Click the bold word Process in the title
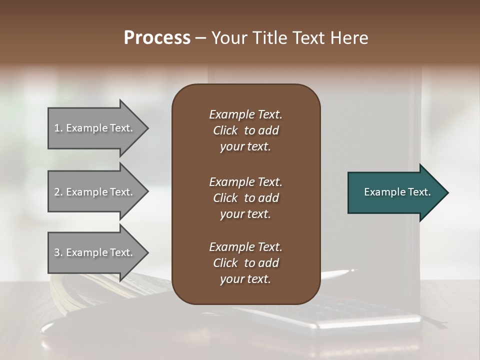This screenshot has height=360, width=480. tap(157, 38)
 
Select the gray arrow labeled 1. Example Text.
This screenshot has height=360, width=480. tap(95, 128)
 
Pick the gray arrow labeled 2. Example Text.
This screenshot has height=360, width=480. tap(95, 192)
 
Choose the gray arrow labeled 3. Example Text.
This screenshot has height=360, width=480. tap(95, 252)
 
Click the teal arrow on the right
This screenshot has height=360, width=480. tap(395, 192)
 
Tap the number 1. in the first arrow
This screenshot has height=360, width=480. tap(58, 128)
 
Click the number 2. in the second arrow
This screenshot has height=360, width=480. tap(58, 192)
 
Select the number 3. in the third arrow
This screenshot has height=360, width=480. tap(58, 252)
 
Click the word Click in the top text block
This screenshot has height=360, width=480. tap(225, 130)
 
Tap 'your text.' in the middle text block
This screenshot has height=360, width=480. tap(245, 214)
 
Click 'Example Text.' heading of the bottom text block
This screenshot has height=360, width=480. tap(245, 247)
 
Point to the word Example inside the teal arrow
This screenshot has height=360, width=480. tap(381, 192)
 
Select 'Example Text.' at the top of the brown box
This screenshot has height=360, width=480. tap(245, 114)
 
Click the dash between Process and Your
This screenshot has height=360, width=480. tap(200, 38)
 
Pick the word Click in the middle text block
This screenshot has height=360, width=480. tap(225, 198)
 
